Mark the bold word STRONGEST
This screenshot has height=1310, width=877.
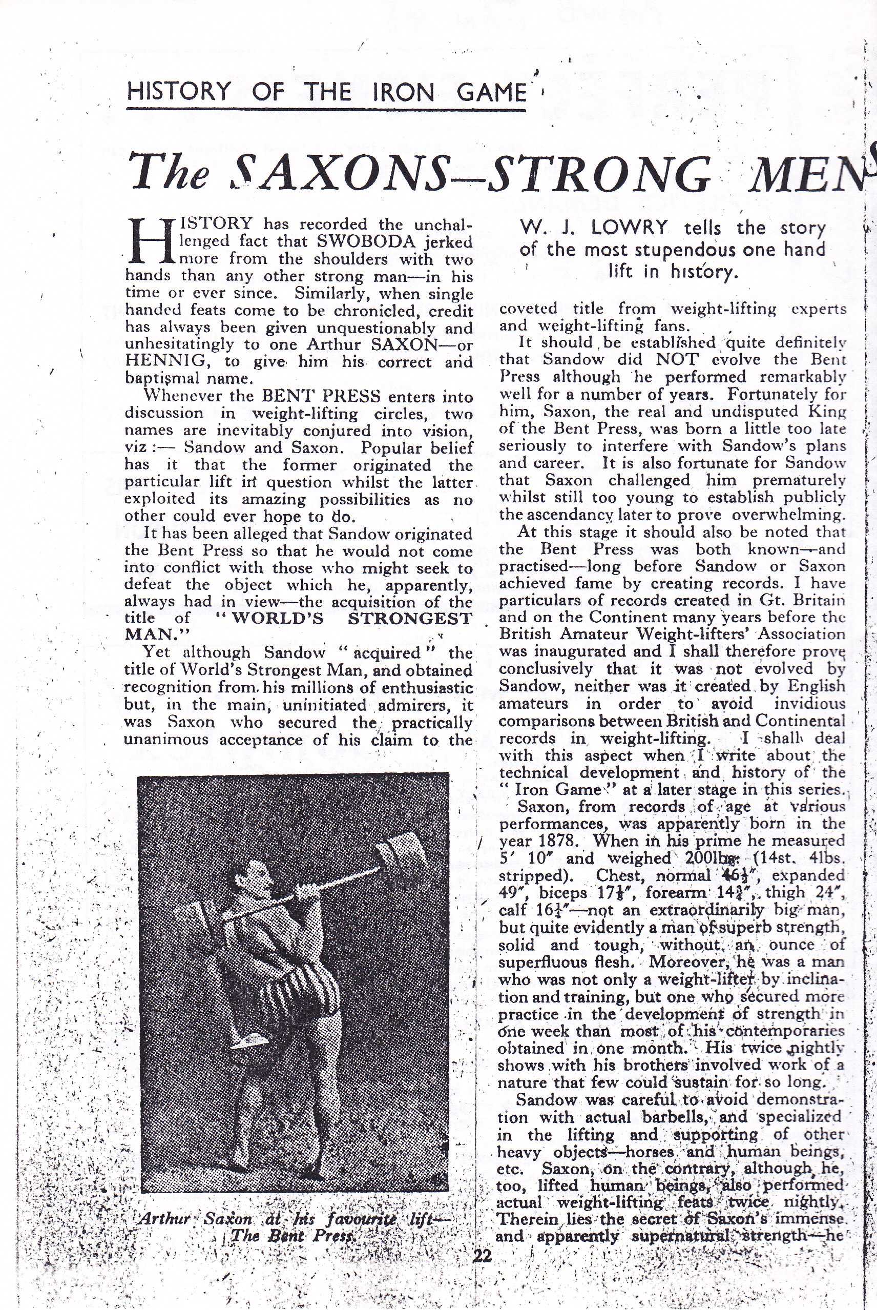tap(409, 618)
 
